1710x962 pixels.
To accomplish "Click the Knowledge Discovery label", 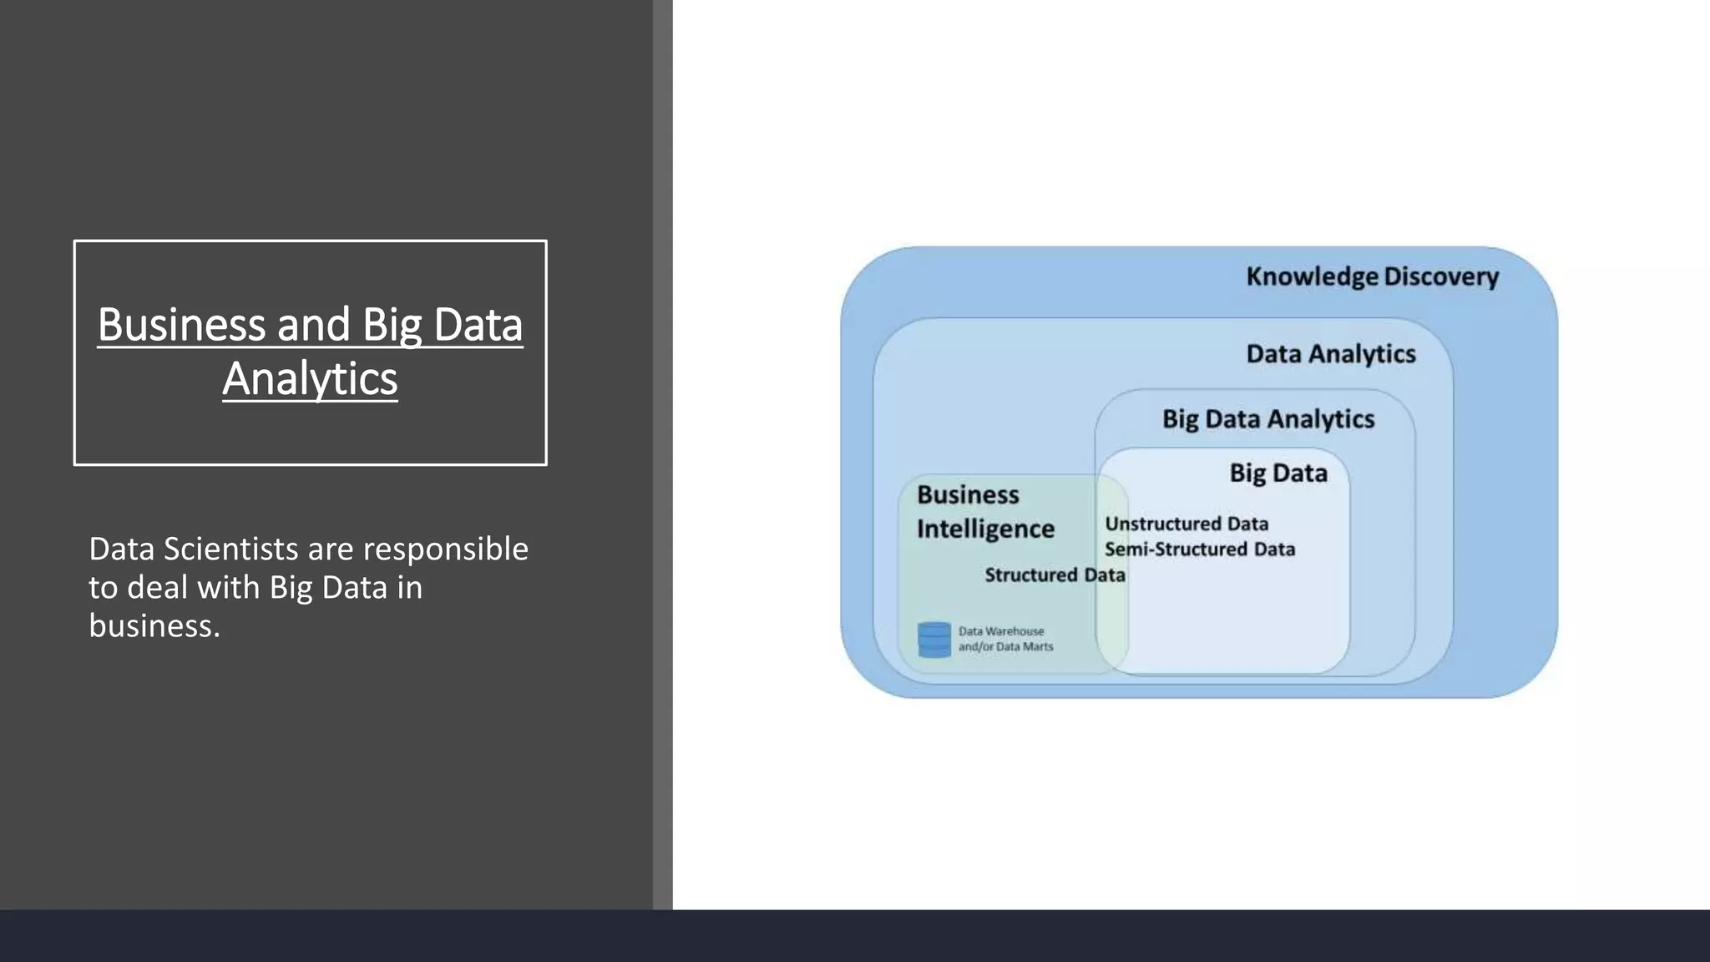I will tap(1372, 276).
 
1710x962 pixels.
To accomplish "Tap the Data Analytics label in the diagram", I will tap(1331, 354).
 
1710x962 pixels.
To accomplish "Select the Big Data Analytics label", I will tap(1267, 419).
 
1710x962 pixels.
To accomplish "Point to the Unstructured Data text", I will tap(1186, 524).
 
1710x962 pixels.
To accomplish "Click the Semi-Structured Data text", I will tap(1200, 549).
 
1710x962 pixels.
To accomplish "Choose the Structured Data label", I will tap(1055, 575).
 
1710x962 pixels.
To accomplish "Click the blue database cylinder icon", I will tap(933, 640).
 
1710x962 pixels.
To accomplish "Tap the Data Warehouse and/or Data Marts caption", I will tap(1005, 639).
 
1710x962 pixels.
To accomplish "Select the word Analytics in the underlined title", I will tap(310, 379).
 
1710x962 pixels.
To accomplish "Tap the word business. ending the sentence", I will tap(154, 626).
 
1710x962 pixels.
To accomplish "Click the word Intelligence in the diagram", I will tap(985, 529).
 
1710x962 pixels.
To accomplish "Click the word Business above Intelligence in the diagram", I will tap(968, 495).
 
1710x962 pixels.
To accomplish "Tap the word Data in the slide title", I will tap(478, 325).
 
